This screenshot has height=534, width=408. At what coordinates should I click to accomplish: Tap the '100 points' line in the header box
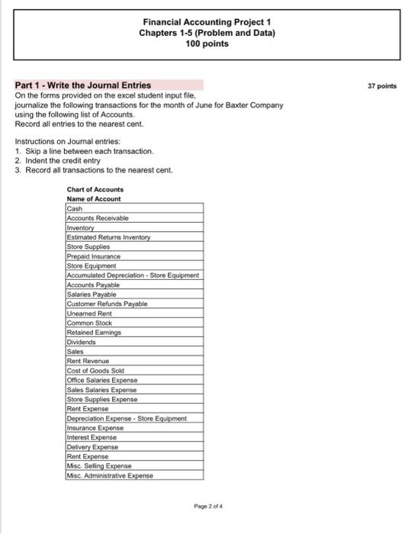[x=207, y=44]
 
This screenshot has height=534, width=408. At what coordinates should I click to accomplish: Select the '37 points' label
[x=382, y=86]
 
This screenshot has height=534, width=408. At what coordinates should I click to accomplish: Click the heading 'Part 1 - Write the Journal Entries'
[x=83, y=85]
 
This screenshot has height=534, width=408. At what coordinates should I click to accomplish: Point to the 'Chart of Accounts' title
[x=95, y=189]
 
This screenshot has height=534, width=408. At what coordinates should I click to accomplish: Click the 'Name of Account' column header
[x=94, y=198]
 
